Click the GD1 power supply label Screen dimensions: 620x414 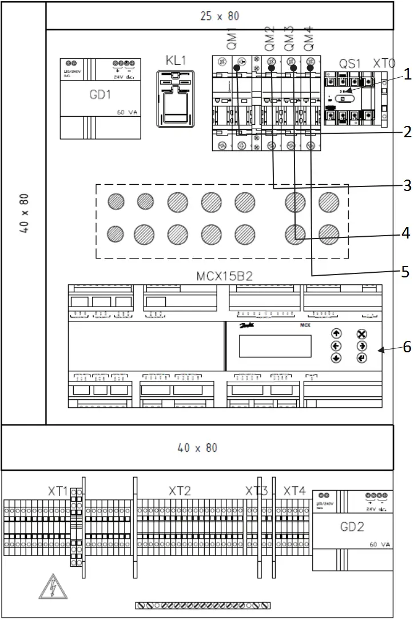(x=99, y=95)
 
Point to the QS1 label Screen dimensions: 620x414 (x=349, y=63)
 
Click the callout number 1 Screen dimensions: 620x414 (x=407, y=74)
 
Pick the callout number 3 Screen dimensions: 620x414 (x=407, y=186)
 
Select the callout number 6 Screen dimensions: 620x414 (x=407, y=347)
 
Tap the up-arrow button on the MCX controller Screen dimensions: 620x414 (x=336, y=333)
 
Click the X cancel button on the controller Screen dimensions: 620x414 (x=361, y=334)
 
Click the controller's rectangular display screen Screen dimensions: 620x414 (x=275, y=346)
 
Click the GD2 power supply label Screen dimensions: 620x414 (x=352, y=526)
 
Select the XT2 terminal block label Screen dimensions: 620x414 (x=180, y=491)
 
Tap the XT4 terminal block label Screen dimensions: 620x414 (x=294, y=491)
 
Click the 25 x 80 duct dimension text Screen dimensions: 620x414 (x=220, y=16)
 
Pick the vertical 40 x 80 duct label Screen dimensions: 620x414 (x=23, y=213)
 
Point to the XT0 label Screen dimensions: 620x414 (x=384, y=63)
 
